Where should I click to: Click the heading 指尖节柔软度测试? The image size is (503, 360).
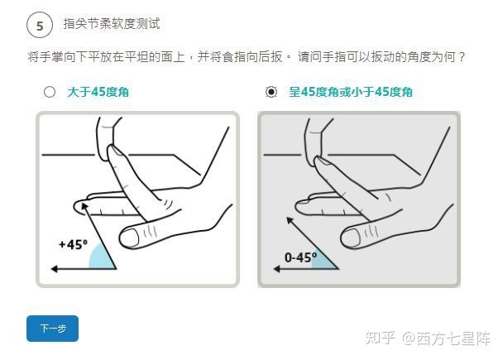click(x=112, y=24)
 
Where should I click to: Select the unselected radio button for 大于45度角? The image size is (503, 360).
click(x=50, y=92)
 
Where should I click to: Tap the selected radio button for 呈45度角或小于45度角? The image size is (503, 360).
click(x=271, y=92)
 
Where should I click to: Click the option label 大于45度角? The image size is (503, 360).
click(x=98, y=92)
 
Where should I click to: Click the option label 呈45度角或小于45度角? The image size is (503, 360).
click(x=351, y=92)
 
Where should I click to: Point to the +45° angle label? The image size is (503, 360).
click(x=73, y=244)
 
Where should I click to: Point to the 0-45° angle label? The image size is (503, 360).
click(x=300, y=257)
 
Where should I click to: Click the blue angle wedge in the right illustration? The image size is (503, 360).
click(x=323, y=261)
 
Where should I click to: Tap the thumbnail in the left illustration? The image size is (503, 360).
click(x=130, y=238)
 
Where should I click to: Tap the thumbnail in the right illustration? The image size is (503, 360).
click(x=350, y=238)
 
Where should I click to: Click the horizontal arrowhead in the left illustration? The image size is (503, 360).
click(x=55, y=269)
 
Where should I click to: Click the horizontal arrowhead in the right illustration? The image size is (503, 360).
click(x=276, y=269)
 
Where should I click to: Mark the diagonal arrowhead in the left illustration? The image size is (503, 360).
click(x=84, y=206)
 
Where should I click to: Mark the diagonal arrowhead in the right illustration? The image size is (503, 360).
click(x=290, y=220)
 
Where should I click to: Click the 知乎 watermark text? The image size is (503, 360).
click(x=380, y=338)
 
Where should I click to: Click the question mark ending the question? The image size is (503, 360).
click(x=462, y=57)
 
